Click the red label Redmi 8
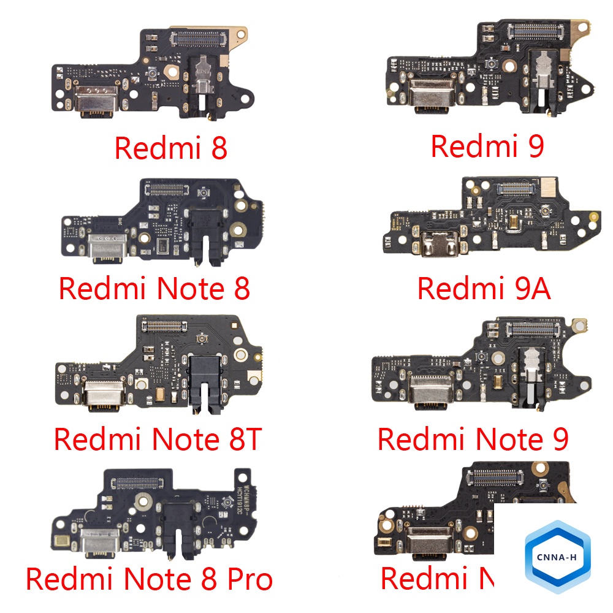pyautogui.click(x=170, y=148)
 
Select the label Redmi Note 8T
pyautogui.click(x=158, y=439)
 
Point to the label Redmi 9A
pyautogui.click(x=484, y=288)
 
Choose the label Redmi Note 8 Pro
pyautogui.click(x=149, y=578)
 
